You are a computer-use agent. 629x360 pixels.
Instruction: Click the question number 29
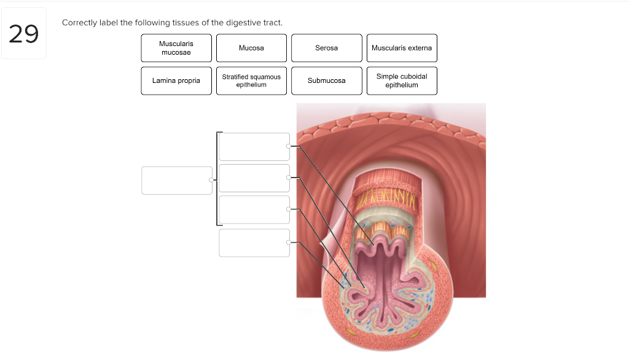tap(24, 34)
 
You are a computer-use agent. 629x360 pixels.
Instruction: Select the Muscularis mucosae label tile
tap(176, 48)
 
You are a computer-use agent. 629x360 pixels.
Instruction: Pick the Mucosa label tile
tap(251, 48)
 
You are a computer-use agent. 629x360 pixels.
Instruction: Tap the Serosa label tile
tap(326, 48)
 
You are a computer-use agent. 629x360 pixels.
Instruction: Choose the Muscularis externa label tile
tap(402, 48)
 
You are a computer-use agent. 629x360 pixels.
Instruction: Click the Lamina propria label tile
tap(176, 80)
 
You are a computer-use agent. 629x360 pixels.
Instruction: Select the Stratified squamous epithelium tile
tap(251, 80)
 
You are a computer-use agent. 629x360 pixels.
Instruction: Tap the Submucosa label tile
tap(326, 80)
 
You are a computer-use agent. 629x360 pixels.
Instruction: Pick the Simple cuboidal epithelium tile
tap(402, 80)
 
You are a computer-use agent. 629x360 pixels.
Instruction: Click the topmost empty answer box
tap(254, 147)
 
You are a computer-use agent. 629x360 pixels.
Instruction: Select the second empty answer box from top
tap(254, 178)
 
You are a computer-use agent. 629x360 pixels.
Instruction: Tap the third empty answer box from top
tap(254, 209)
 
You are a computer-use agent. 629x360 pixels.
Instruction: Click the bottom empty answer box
tap(254, 243)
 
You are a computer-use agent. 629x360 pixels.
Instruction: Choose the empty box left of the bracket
tap(176, 181)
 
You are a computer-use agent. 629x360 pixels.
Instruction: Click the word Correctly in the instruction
tap(77, 23)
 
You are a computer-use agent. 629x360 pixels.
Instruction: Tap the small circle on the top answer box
tap(289, 146)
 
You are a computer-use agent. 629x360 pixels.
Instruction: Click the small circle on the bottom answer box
tap(289, 243)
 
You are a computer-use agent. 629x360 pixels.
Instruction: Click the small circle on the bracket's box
tap(211, 180)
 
